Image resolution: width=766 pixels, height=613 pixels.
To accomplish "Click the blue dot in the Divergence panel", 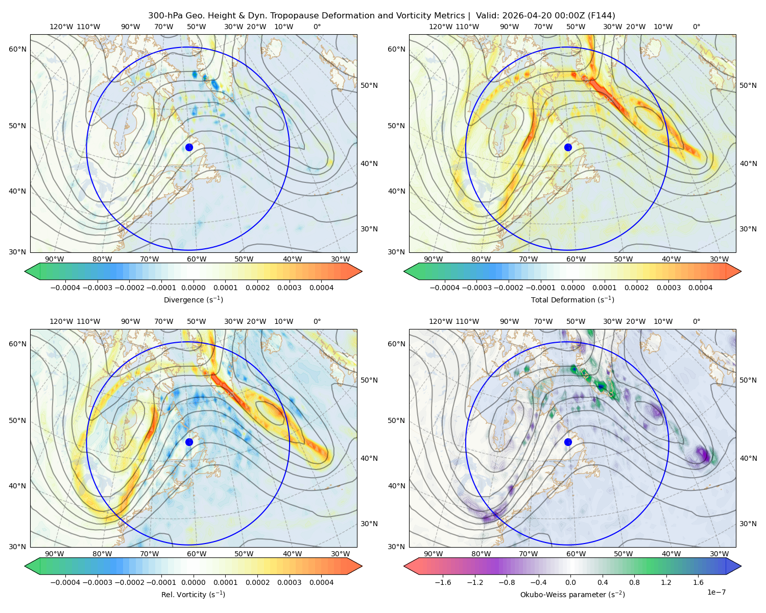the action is coord(189,148).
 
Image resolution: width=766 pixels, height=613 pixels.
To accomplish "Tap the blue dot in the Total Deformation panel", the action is coord(568,148).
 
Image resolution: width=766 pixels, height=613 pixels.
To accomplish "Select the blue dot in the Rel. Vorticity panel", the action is coord(189,442).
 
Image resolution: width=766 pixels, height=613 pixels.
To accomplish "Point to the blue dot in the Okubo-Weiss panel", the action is coord(568,442).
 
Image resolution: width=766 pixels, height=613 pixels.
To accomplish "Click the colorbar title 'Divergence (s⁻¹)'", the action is coord(193,300).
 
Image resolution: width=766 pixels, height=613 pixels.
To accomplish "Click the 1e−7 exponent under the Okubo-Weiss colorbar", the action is coord(716,592).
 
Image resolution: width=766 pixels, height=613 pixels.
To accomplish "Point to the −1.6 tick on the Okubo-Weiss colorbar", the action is coord(443,582).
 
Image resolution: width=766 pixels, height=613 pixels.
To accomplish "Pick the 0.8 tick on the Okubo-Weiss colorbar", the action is coord(634,582).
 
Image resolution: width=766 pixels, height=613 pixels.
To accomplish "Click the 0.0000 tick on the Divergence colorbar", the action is coord(193,288).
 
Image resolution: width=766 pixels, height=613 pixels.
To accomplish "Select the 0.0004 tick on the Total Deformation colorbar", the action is coord(700,288).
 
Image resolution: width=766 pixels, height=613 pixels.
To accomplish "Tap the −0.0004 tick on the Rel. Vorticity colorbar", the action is coord(65,582).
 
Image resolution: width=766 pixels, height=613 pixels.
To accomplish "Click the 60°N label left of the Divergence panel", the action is coord(17,49).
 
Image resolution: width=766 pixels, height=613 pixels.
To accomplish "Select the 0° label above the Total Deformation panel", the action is coord(696,27).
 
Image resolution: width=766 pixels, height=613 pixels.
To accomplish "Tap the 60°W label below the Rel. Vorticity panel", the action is coord(197,554).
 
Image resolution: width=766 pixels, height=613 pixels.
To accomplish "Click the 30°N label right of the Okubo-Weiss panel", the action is coord(748,524).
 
